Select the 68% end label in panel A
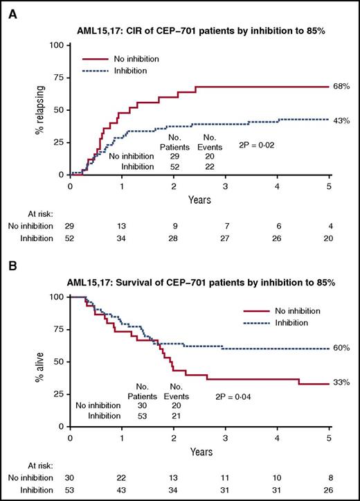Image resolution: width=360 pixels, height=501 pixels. point(342,87)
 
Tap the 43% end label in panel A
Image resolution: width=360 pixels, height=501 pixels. point(342,120)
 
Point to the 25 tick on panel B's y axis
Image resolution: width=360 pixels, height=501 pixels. point(60,394)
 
